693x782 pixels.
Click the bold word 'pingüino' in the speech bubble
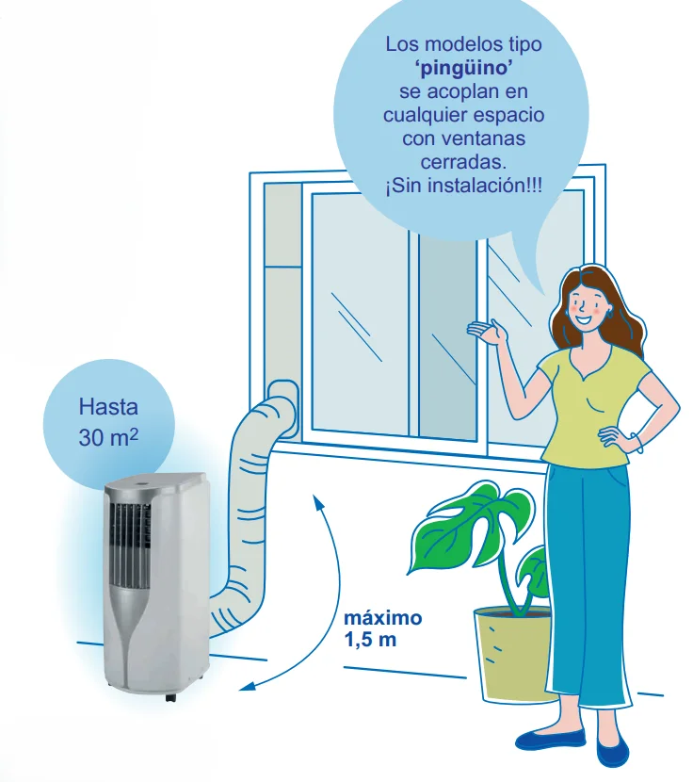pyautogui.click(x=463, y=69)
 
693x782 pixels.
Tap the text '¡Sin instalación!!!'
pyautogui.click(x=463, y=186)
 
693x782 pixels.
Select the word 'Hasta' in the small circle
pyautogui.click(x=108, y=407)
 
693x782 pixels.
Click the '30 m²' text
pyautogui.click(x=108, y=437)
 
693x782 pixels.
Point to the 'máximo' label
pyautogui.click(x=383, y=618)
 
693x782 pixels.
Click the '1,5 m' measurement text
pyautogui.click(x=370, y=640)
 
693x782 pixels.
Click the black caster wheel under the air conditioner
pyautogui.click(x=170, y=697)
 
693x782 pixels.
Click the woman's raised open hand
pyautogui.click(x=487, y=332)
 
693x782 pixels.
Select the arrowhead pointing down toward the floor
pyautogui.click(x=248, y=686)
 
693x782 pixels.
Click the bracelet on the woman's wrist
pyautogui.click(x=637, y=443)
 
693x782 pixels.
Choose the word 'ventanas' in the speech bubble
pyautogui.click(x=463, y=138)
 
